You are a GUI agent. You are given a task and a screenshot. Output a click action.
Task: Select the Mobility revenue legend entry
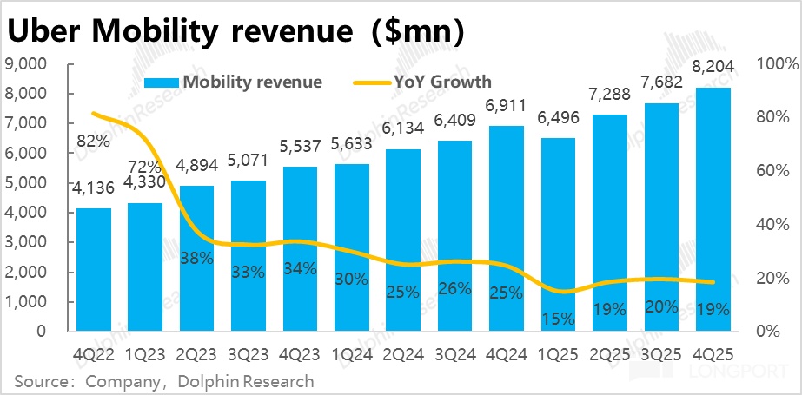pyautogui.click(x=252, y=82)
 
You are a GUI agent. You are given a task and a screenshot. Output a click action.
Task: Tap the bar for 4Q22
pyautogui.click(x=93, y=269)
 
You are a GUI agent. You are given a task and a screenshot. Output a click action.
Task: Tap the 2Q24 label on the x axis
pyautogui.click(x=401, y=356)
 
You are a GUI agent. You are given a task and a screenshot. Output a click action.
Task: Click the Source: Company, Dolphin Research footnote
pyautogui.click(x=164, y=380)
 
